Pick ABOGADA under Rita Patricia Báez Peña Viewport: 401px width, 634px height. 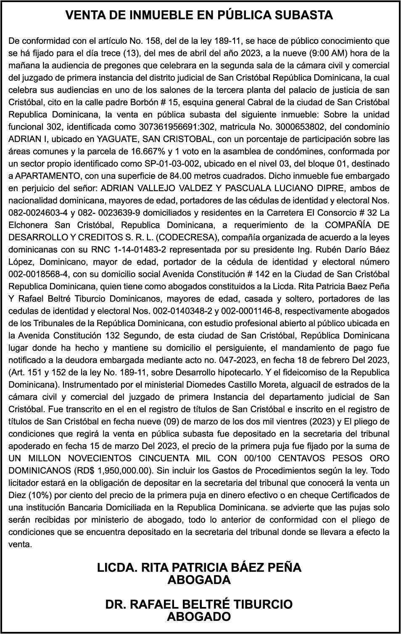click(x=199, y=580)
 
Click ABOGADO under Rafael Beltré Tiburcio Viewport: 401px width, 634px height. click(x=199, y=617)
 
